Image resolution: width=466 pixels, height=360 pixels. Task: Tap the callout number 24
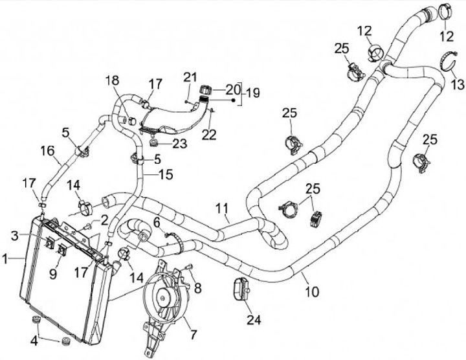tap(252, 319)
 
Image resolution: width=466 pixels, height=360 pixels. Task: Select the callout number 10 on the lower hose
tap(312, 292)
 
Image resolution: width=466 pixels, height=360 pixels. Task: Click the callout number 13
tap(457, 84)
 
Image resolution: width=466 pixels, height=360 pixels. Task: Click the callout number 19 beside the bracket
tap(252, 92)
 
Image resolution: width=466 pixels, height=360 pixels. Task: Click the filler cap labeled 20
tap(206, 89)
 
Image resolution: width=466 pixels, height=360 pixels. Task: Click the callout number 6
tap(156, 222)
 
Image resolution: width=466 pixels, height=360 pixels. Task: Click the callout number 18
tap(113, 79)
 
